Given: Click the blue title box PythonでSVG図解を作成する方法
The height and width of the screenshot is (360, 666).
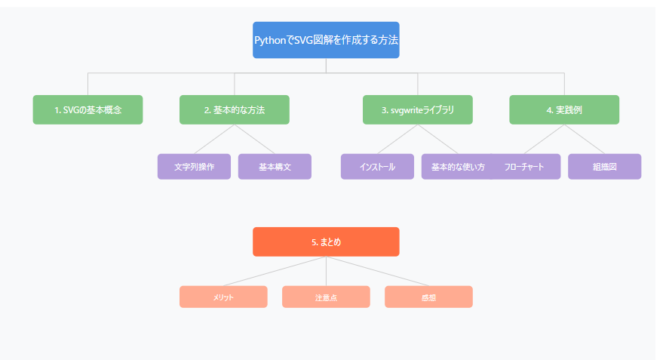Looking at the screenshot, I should pyautogui.click(x=326, y=40).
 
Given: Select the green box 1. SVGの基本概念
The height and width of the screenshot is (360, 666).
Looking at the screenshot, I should pyautogui.click(x=88, y=109).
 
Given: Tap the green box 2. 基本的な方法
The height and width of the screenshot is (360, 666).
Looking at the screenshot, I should pyautogui.click(x=235, y=109).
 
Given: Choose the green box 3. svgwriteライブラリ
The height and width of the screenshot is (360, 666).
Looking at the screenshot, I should pyautogui.click(x=418, y=109).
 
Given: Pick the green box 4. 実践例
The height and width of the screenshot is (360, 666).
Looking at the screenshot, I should pyautogui.click(x=564, y=109).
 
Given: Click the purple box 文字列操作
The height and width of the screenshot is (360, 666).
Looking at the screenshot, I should pyautogui.click(x=194, y=167).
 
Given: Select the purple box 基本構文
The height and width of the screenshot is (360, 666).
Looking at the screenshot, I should pyautogui.click(x=275, y=167).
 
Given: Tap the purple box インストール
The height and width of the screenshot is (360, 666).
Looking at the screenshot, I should pyautogui.click(x=377, y=167).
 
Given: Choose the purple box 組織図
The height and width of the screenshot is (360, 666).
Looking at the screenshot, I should pyautogui.click(x=604, y=167).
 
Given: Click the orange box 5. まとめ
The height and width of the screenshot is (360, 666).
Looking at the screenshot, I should pyautogui.click(x=326, y=242).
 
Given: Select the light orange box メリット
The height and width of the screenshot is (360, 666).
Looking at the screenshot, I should pyautogui.click(x=223, y=297).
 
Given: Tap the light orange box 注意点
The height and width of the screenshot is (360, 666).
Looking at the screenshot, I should pyautogui.click(x=326, y=297).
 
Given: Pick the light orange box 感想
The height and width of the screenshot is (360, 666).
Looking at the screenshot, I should pyautogui.click(x=428, y=297).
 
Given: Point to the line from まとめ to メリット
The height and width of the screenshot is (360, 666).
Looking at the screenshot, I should pyautogui.click(x=275, y=272).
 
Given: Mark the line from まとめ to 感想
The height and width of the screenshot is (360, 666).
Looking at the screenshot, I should pyautogui.click(x=377, y=272).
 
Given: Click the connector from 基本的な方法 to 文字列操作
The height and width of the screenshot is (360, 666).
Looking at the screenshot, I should pyautogui.click(x=214, y=140).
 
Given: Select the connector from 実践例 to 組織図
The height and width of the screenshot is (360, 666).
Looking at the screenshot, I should pyautogui.click(x=585, y=140).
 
